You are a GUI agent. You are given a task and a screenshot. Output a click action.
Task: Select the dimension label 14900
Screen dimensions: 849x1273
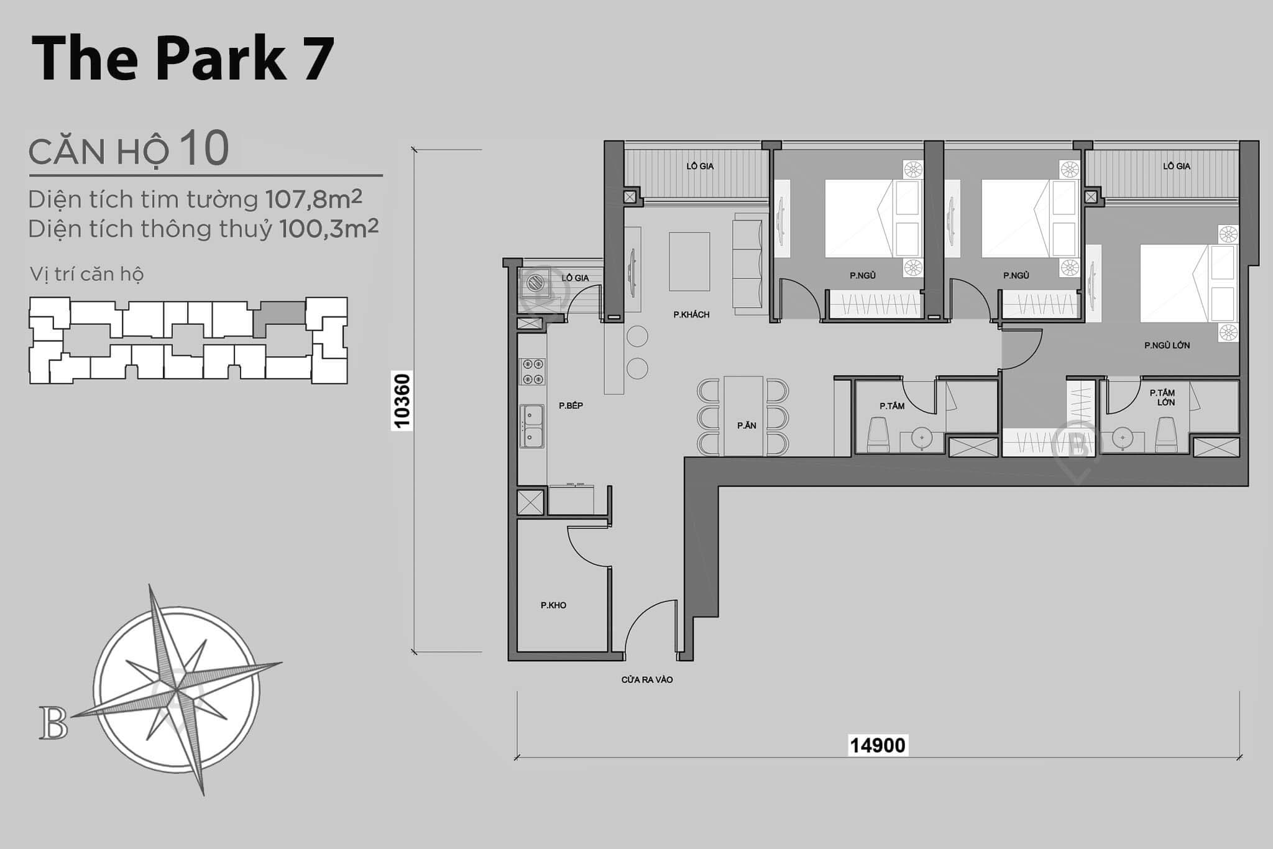pos(878,745)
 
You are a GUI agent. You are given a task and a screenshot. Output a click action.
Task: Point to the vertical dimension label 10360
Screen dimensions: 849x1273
pos(402,401)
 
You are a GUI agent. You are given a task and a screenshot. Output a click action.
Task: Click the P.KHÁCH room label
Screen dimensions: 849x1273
pos(691,314)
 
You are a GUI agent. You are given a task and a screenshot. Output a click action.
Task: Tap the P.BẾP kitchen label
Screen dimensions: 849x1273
pos(571,406)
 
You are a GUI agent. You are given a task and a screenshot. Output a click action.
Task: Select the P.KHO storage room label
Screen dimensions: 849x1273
pos(553,605)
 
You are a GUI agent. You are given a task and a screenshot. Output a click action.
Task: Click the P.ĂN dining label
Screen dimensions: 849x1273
pos(747,426)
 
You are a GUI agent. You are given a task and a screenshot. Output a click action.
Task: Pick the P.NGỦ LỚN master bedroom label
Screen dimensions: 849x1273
pos(1167,346)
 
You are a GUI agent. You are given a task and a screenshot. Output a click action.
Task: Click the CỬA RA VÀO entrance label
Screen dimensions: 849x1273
pos(647,680)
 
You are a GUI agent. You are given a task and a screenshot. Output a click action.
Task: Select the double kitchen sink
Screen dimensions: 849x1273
pos(532,426)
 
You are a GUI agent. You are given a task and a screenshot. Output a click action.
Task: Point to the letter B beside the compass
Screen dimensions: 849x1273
pos(53,723)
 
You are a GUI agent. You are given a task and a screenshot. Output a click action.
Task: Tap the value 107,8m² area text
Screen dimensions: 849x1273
pos(313,200)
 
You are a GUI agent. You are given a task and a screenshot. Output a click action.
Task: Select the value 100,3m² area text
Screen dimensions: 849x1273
pos(328,229)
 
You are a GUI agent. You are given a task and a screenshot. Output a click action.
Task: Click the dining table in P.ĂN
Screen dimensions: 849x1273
pos(743,415)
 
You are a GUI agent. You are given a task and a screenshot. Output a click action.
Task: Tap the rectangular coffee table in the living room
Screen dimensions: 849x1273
pos(689,262)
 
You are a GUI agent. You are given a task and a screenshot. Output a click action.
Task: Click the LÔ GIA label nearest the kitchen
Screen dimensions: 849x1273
pos(575,278)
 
